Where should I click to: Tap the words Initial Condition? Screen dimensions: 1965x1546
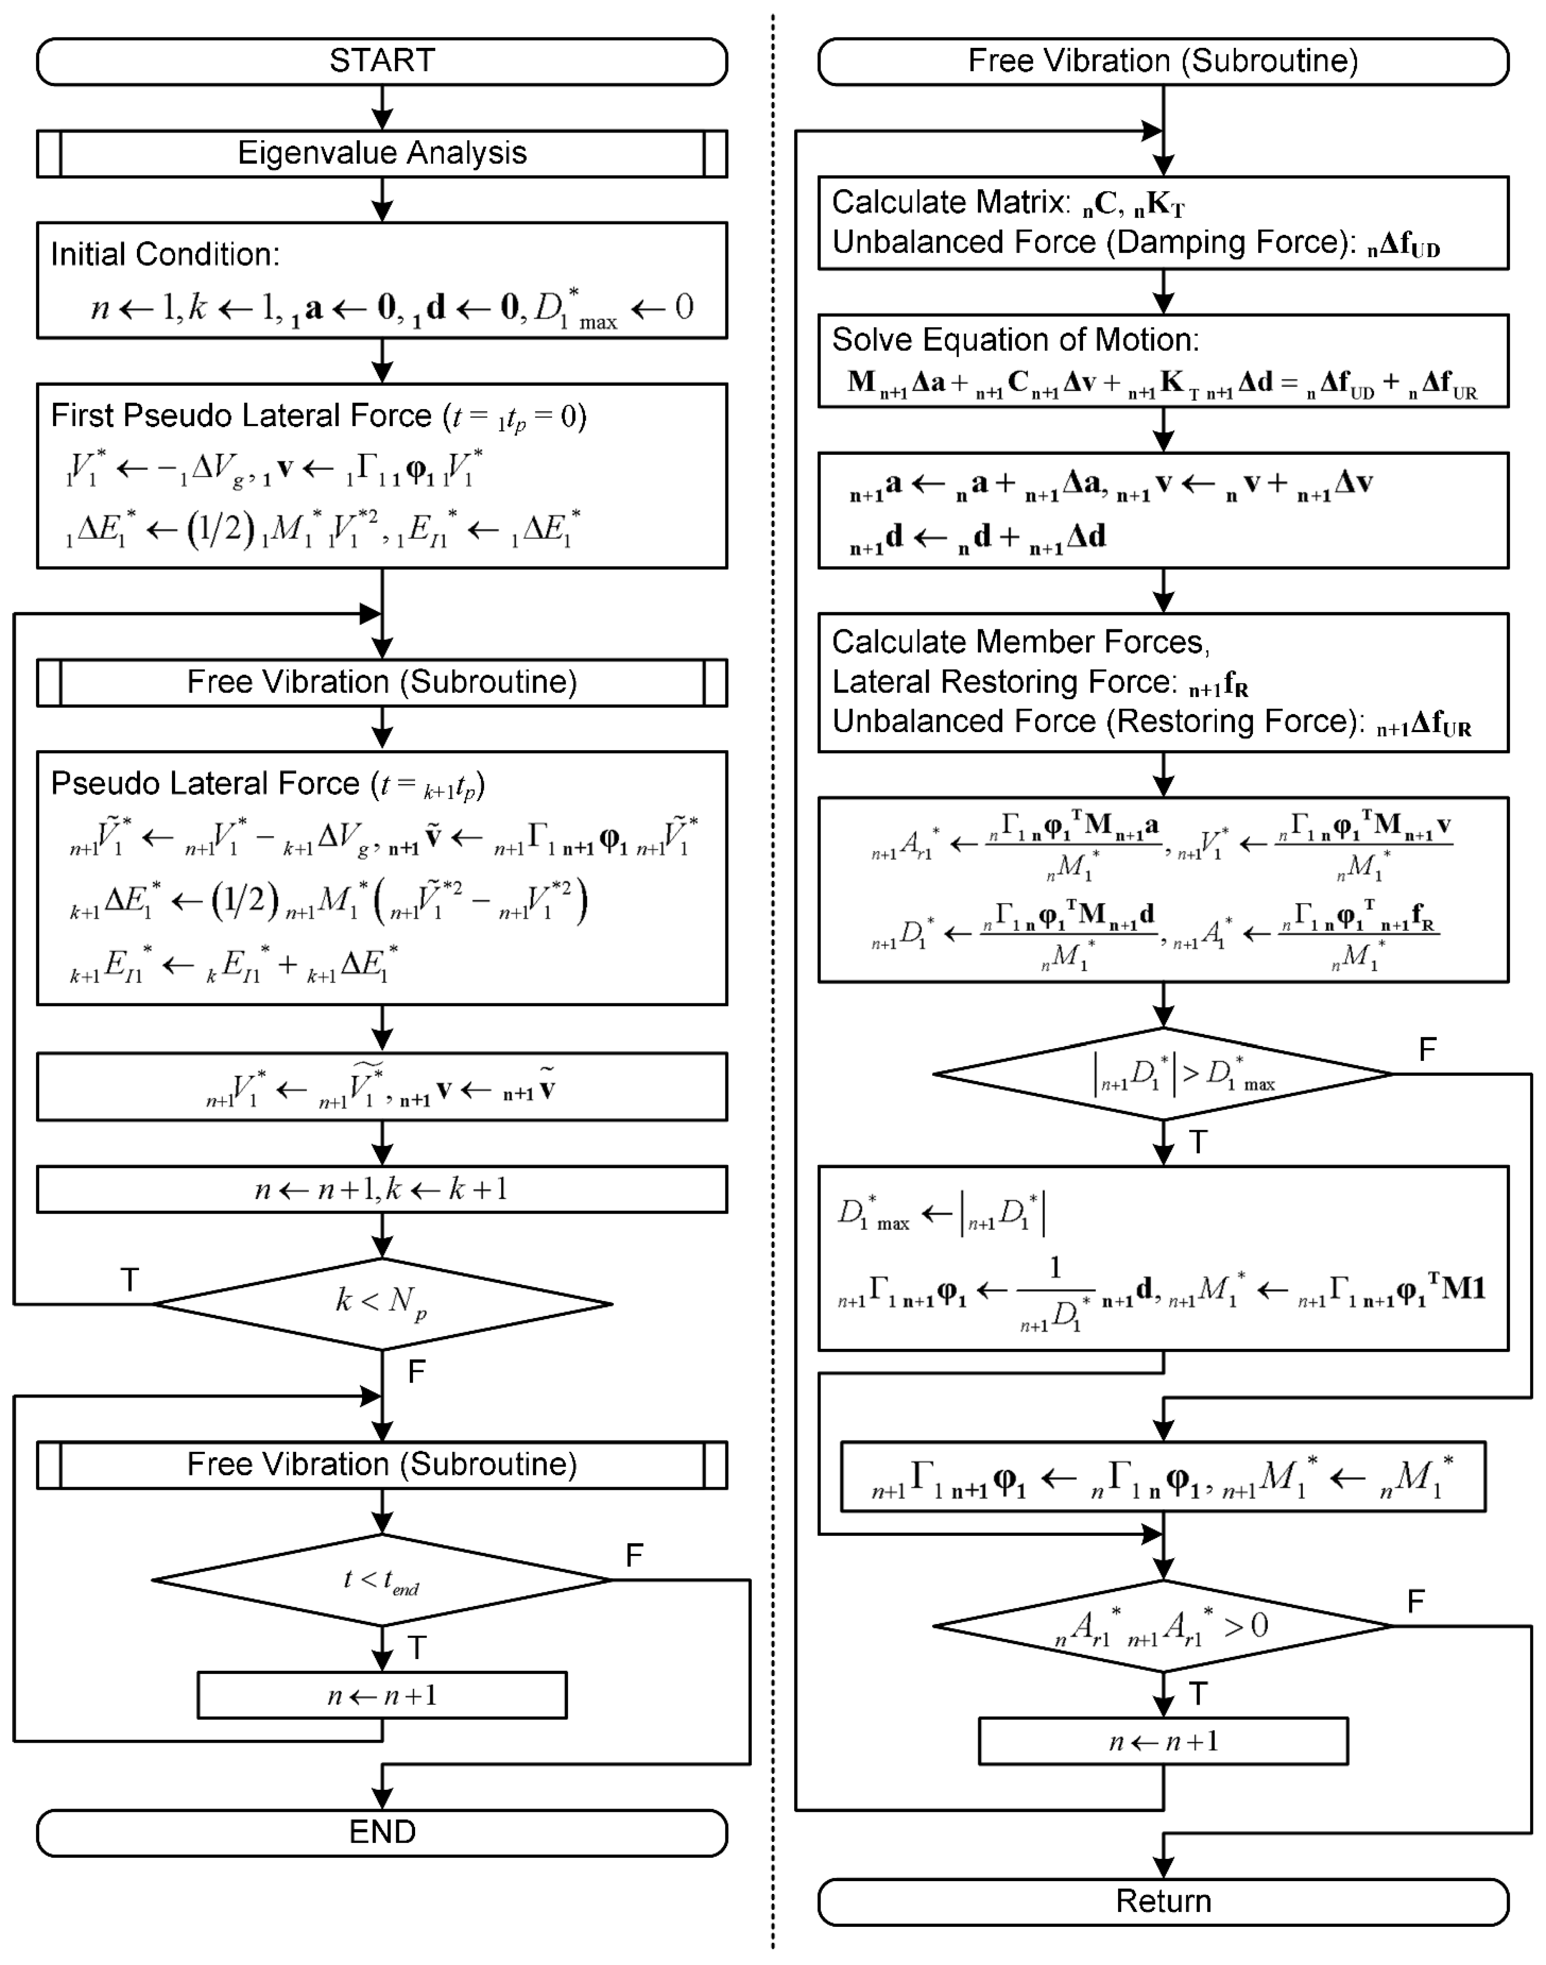(165, 254)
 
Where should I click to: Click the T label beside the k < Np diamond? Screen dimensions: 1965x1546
(129, 1280)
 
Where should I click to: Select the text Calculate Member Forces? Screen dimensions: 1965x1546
(1019, 642)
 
